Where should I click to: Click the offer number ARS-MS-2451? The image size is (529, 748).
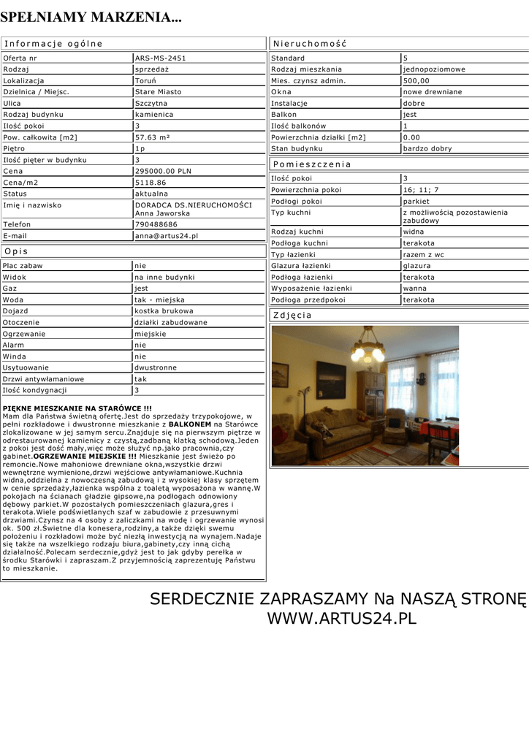[160, 58]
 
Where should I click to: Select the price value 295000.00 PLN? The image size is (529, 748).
[163, 171]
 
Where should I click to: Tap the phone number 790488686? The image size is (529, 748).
[156, 224]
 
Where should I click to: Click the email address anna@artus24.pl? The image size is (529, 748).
[167, 236]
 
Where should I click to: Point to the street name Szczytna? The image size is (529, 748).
[151, 103]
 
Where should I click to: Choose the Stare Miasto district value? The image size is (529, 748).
[158, 92]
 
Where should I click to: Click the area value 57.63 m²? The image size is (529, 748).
[153, 137]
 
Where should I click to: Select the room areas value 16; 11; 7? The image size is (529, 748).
[422, 190]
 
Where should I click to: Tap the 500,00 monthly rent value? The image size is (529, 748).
[416, 80]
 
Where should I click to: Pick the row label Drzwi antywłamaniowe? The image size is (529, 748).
[43, 379]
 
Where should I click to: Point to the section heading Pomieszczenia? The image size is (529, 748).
[312, 164]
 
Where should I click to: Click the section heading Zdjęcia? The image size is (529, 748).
[292, 316]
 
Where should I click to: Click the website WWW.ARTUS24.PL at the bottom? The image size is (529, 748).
[341, 619]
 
